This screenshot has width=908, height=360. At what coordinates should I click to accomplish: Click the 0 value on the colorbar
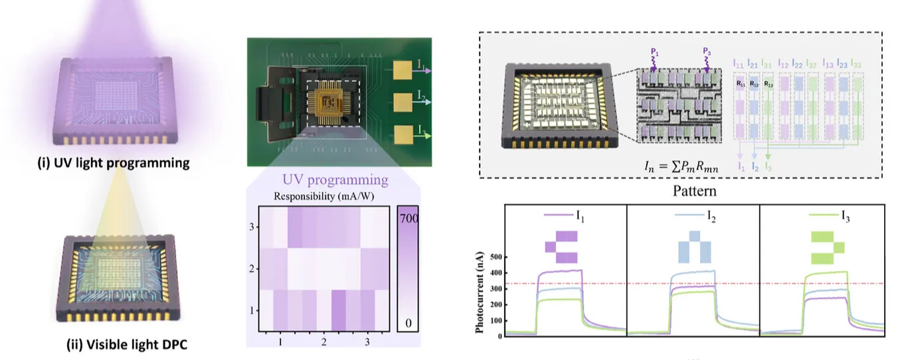point(409,323)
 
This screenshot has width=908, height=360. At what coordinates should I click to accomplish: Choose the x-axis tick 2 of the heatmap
point(323,341)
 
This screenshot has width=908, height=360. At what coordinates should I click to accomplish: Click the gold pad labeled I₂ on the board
point(403,103)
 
